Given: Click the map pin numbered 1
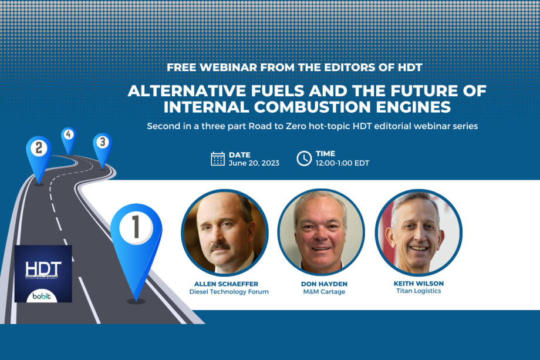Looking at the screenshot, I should (136, 232).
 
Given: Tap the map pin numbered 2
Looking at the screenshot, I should (39, 150).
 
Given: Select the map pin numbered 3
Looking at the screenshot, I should (102, 143).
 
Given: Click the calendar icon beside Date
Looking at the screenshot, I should (218, 159).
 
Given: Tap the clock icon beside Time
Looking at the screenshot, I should (304, 159).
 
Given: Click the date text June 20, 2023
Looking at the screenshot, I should (254, 163).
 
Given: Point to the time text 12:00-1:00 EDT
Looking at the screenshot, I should (342, 163).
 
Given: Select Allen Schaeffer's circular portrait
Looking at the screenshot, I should (225, 233).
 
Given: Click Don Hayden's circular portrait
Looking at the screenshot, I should (321, 233).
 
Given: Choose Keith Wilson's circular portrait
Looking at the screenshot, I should (418, 233).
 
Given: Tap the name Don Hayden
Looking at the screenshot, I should (321, 284).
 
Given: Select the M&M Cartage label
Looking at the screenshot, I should (321, 292).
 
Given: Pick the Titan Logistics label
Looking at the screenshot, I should (418, 291).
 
